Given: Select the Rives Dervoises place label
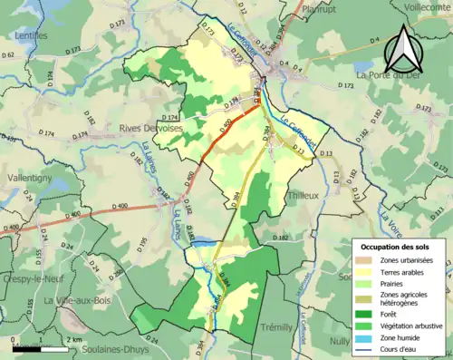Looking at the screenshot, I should [x=149, y=128].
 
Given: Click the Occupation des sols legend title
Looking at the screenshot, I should [x=398, y=247].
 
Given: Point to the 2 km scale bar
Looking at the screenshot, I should [x=36, y=347].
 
